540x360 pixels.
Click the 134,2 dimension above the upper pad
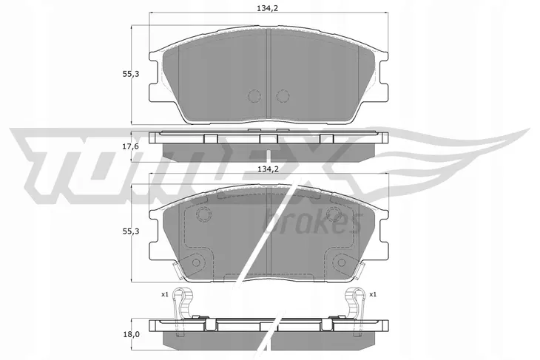[x=267, y=8]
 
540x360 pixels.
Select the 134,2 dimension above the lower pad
[x=268, y=169]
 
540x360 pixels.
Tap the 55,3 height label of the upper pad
[x=130, y=74]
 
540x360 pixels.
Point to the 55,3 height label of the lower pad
[x=130, y=231]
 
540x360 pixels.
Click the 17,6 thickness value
[x=130, y=146]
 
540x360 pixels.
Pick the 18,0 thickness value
[x=130, y=334]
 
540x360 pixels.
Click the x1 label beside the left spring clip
[x=164, y=294]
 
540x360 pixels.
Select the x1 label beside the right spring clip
[x=373, y=294]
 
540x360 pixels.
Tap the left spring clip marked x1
[x=183, y=303]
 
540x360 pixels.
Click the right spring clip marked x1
[x=355, y=303]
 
